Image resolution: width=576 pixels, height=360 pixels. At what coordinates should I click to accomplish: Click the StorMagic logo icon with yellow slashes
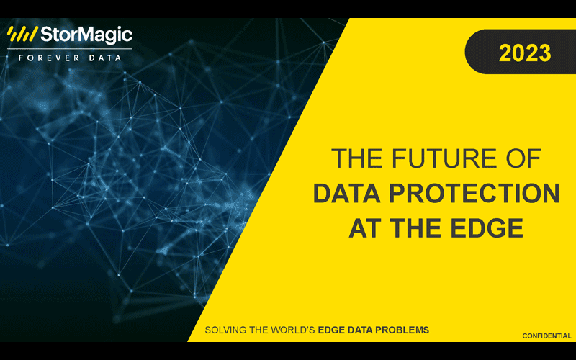click(22, 35)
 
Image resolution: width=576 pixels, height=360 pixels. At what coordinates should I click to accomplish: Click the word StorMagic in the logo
click(85, 35)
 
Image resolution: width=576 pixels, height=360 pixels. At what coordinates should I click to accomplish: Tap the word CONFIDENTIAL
click(546, 336)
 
